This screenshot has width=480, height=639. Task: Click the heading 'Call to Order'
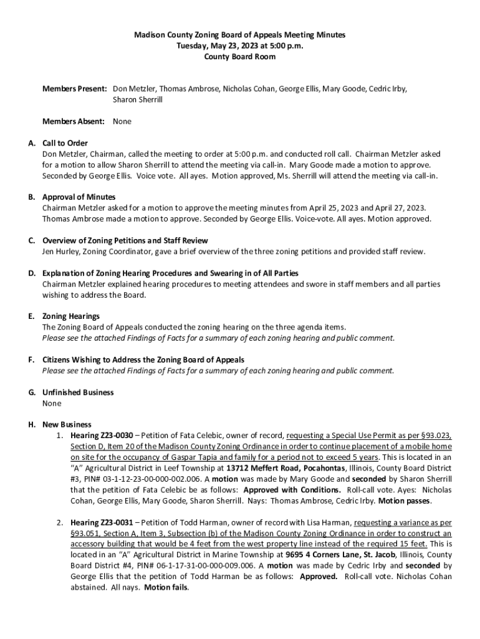coord(65,143)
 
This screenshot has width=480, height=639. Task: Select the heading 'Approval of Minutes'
coord(79,197)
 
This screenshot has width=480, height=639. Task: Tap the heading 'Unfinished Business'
coord(78,393)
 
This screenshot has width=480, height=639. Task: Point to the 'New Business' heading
coord(67,425)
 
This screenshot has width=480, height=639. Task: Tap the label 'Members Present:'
coord(75,89)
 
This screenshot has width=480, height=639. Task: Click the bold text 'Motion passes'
coord(405,501)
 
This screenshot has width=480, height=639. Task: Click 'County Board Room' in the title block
coord(240,57)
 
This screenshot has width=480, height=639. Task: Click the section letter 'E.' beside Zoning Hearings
coord(31,316)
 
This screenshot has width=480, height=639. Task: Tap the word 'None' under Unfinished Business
coord(52,404)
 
